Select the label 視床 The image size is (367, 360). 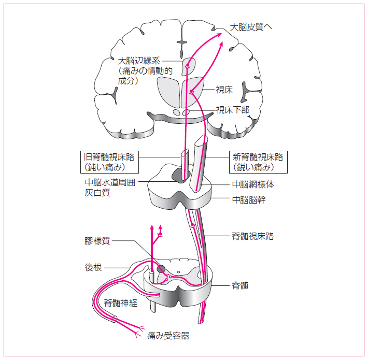click(x=224, y=90)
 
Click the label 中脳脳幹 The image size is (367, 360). click(x=248, y=199)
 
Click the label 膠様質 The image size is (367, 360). click(x=97, y=241)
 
